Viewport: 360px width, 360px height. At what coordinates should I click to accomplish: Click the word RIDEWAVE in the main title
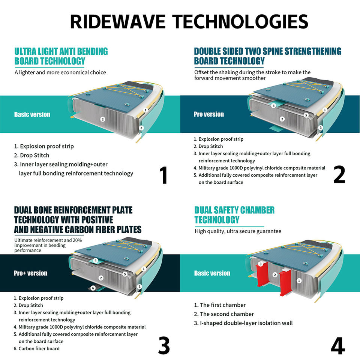point(117,21)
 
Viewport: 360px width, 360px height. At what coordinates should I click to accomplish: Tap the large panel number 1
point(164,175)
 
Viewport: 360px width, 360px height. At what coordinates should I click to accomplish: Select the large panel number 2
point(339,174)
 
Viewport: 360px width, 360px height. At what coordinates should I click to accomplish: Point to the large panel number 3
point(164,345)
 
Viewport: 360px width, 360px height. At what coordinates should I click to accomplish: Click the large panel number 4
point(338,345)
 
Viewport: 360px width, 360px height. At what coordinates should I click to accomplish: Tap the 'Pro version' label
point(209,114)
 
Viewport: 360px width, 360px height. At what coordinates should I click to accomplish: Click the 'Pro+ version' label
point(30,273)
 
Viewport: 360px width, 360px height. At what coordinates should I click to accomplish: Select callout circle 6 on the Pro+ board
point(93,288)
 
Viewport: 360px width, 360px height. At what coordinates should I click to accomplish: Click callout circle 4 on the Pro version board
point(273,106)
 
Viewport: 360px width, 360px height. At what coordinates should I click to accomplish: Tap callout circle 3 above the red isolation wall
point(260,264)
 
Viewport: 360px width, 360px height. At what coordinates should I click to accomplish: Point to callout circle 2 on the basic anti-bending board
point(103,119)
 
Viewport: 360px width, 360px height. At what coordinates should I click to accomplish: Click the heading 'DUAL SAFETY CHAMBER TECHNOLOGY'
point(234,215)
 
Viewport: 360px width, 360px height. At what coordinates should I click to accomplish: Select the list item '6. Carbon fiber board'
point(36,348)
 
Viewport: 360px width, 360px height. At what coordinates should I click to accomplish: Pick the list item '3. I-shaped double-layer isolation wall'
point(243,323)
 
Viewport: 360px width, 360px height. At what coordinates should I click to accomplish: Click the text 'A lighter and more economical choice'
point(60,72)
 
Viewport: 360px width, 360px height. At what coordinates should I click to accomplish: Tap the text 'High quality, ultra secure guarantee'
point(238,231)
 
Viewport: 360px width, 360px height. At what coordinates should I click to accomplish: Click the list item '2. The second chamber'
point(224,314)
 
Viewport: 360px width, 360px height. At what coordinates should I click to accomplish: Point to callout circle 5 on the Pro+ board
point(125,274)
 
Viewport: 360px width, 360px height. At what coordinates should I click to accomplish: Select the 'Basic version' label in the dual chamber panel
point(212,273)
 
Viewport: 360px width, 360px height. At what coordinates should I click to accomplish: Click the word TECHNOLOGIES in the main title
point(240,21)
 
